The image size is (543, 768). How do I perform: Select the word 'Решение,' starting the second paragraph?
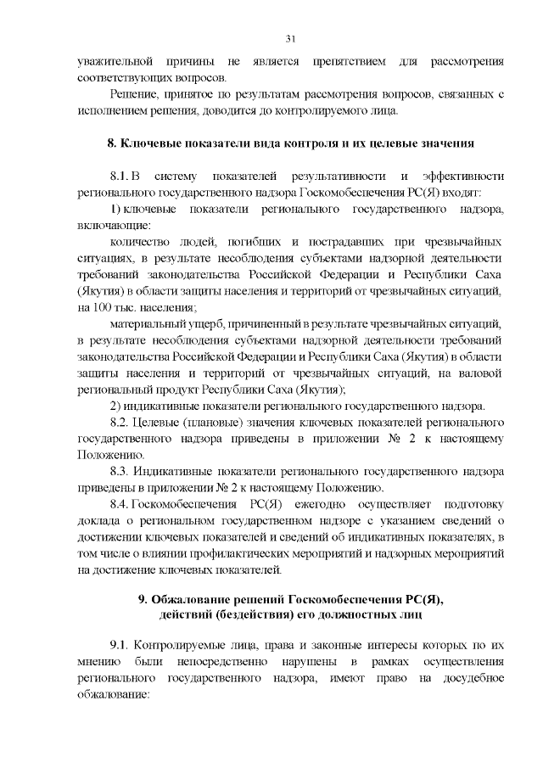tap(134, 96)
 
